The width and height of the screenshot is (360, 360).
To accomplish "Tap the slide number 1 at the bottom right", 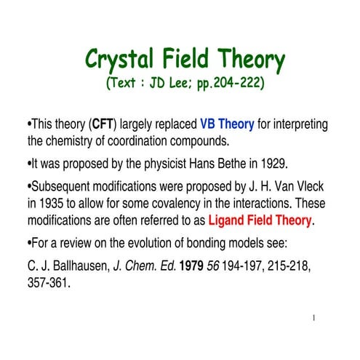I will coord(312,317).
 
